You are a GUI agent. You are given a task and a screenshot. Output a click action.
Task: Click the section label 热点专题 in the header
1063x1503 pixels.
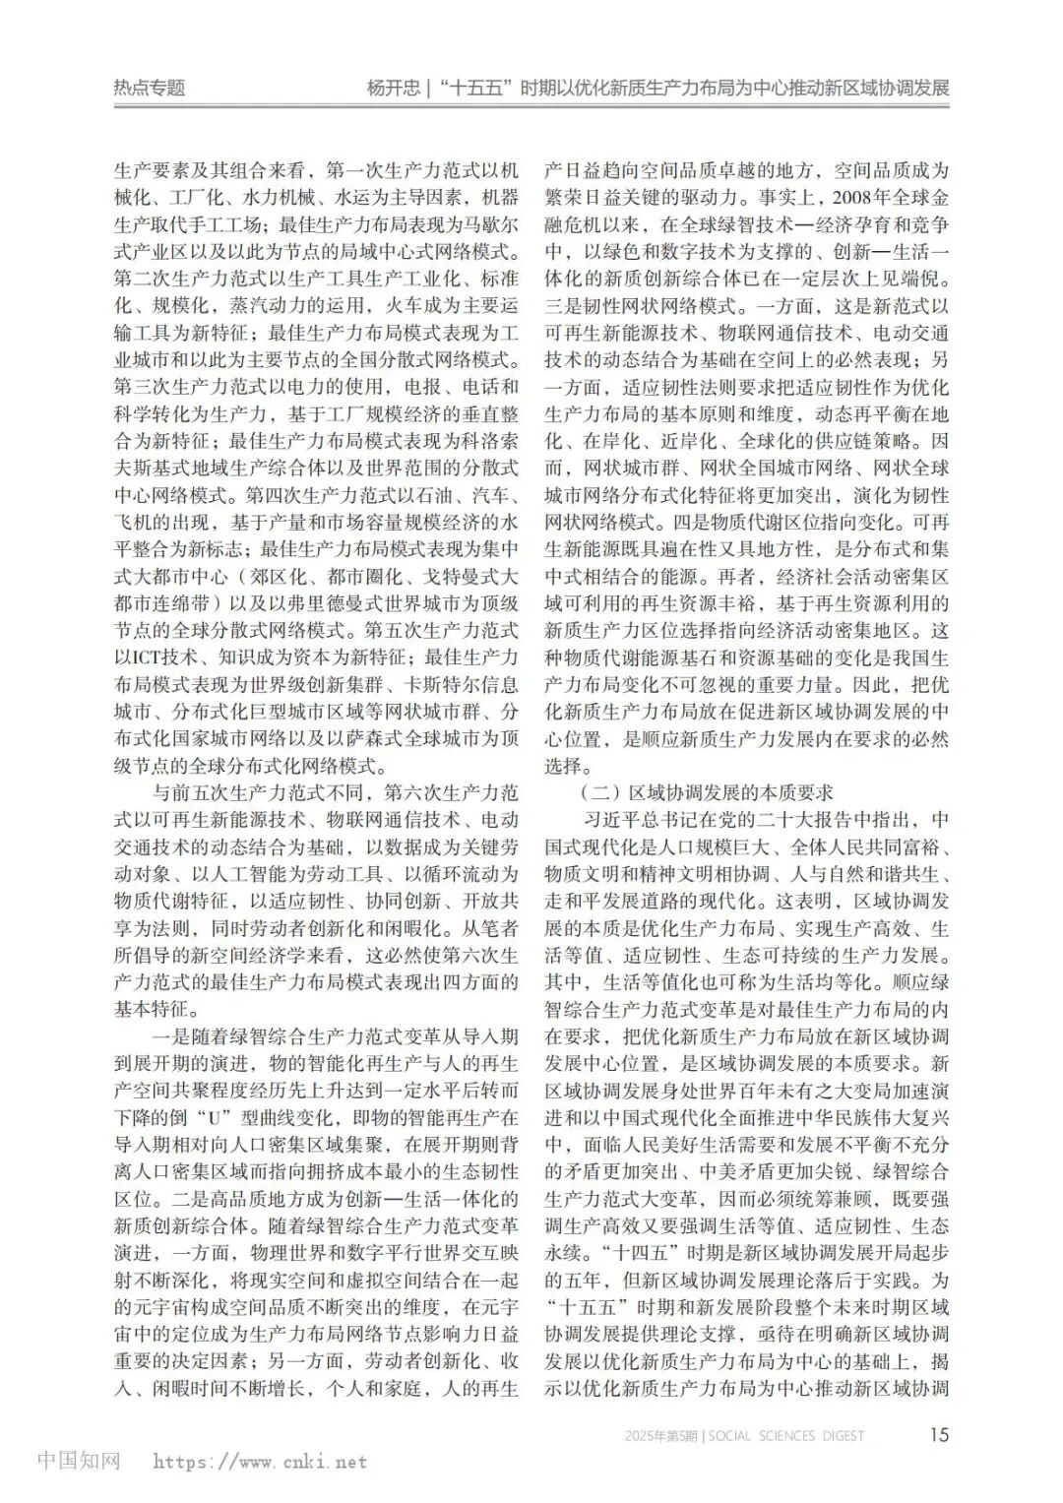150,88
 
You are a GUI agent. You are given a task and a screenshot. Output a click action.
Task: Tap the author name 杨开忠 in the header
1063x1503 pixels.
393,88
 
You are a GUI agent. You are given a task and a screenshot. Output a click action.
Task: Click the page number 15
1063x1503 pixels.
940,1434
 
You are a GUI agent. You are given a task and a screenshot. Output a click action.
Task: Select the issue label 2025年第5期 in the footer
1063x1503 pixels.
662,1436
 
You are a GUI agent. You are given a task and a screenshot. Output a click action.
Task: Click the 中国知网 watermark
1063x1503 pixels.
80,1461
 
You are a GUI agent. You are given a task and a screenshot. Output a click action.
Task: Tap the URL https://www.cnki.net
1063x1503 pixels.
260,1462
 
